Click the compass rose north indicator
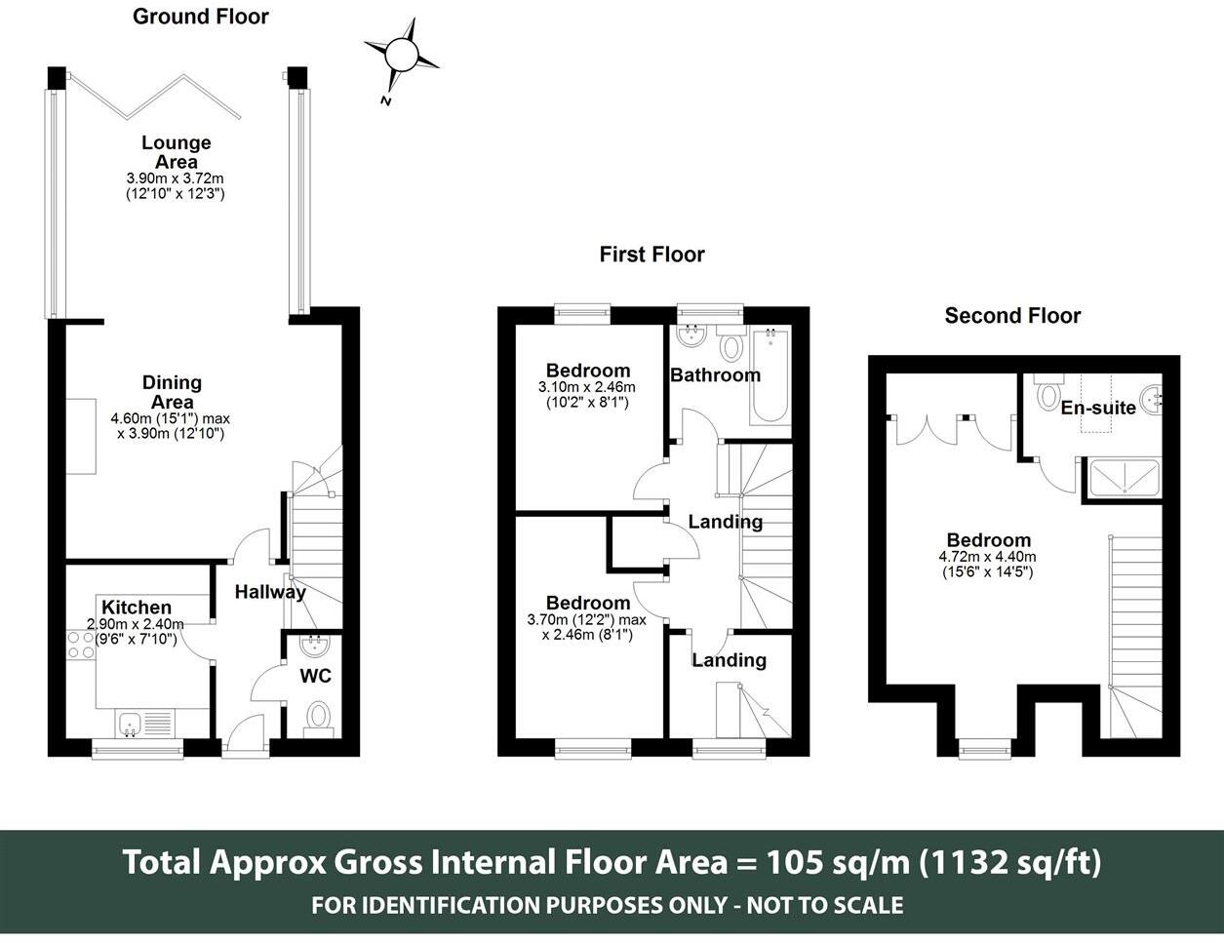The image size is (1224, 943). click(x=401, y=54)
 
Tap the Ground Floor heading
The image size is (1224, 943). click(x=201, y=17)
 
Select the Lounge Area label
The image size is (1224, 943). click(x=177, y=152)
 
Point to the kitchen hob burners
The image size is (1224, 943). click(x=81, y=646)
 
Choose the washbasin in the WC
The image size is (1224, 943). click(x=315, y=647)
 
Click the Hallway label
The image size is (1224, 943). click(x=270, y=592)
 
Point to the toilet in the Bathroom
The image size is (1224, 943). click(x=731, y=344)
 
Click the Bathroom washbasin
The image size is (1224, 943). click(x=691, y=336)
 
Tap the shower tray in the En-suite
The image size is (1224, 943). click(x=1125, y=478)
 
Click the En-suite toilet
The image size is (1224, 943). click(x=1048, y=392)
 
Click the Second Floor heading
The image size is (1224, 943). click(x=1012, y=315)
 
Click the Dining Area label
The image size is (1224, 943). click(x=173, y=392)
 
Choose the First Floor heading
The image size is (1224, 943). click(x=651, y=255)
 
